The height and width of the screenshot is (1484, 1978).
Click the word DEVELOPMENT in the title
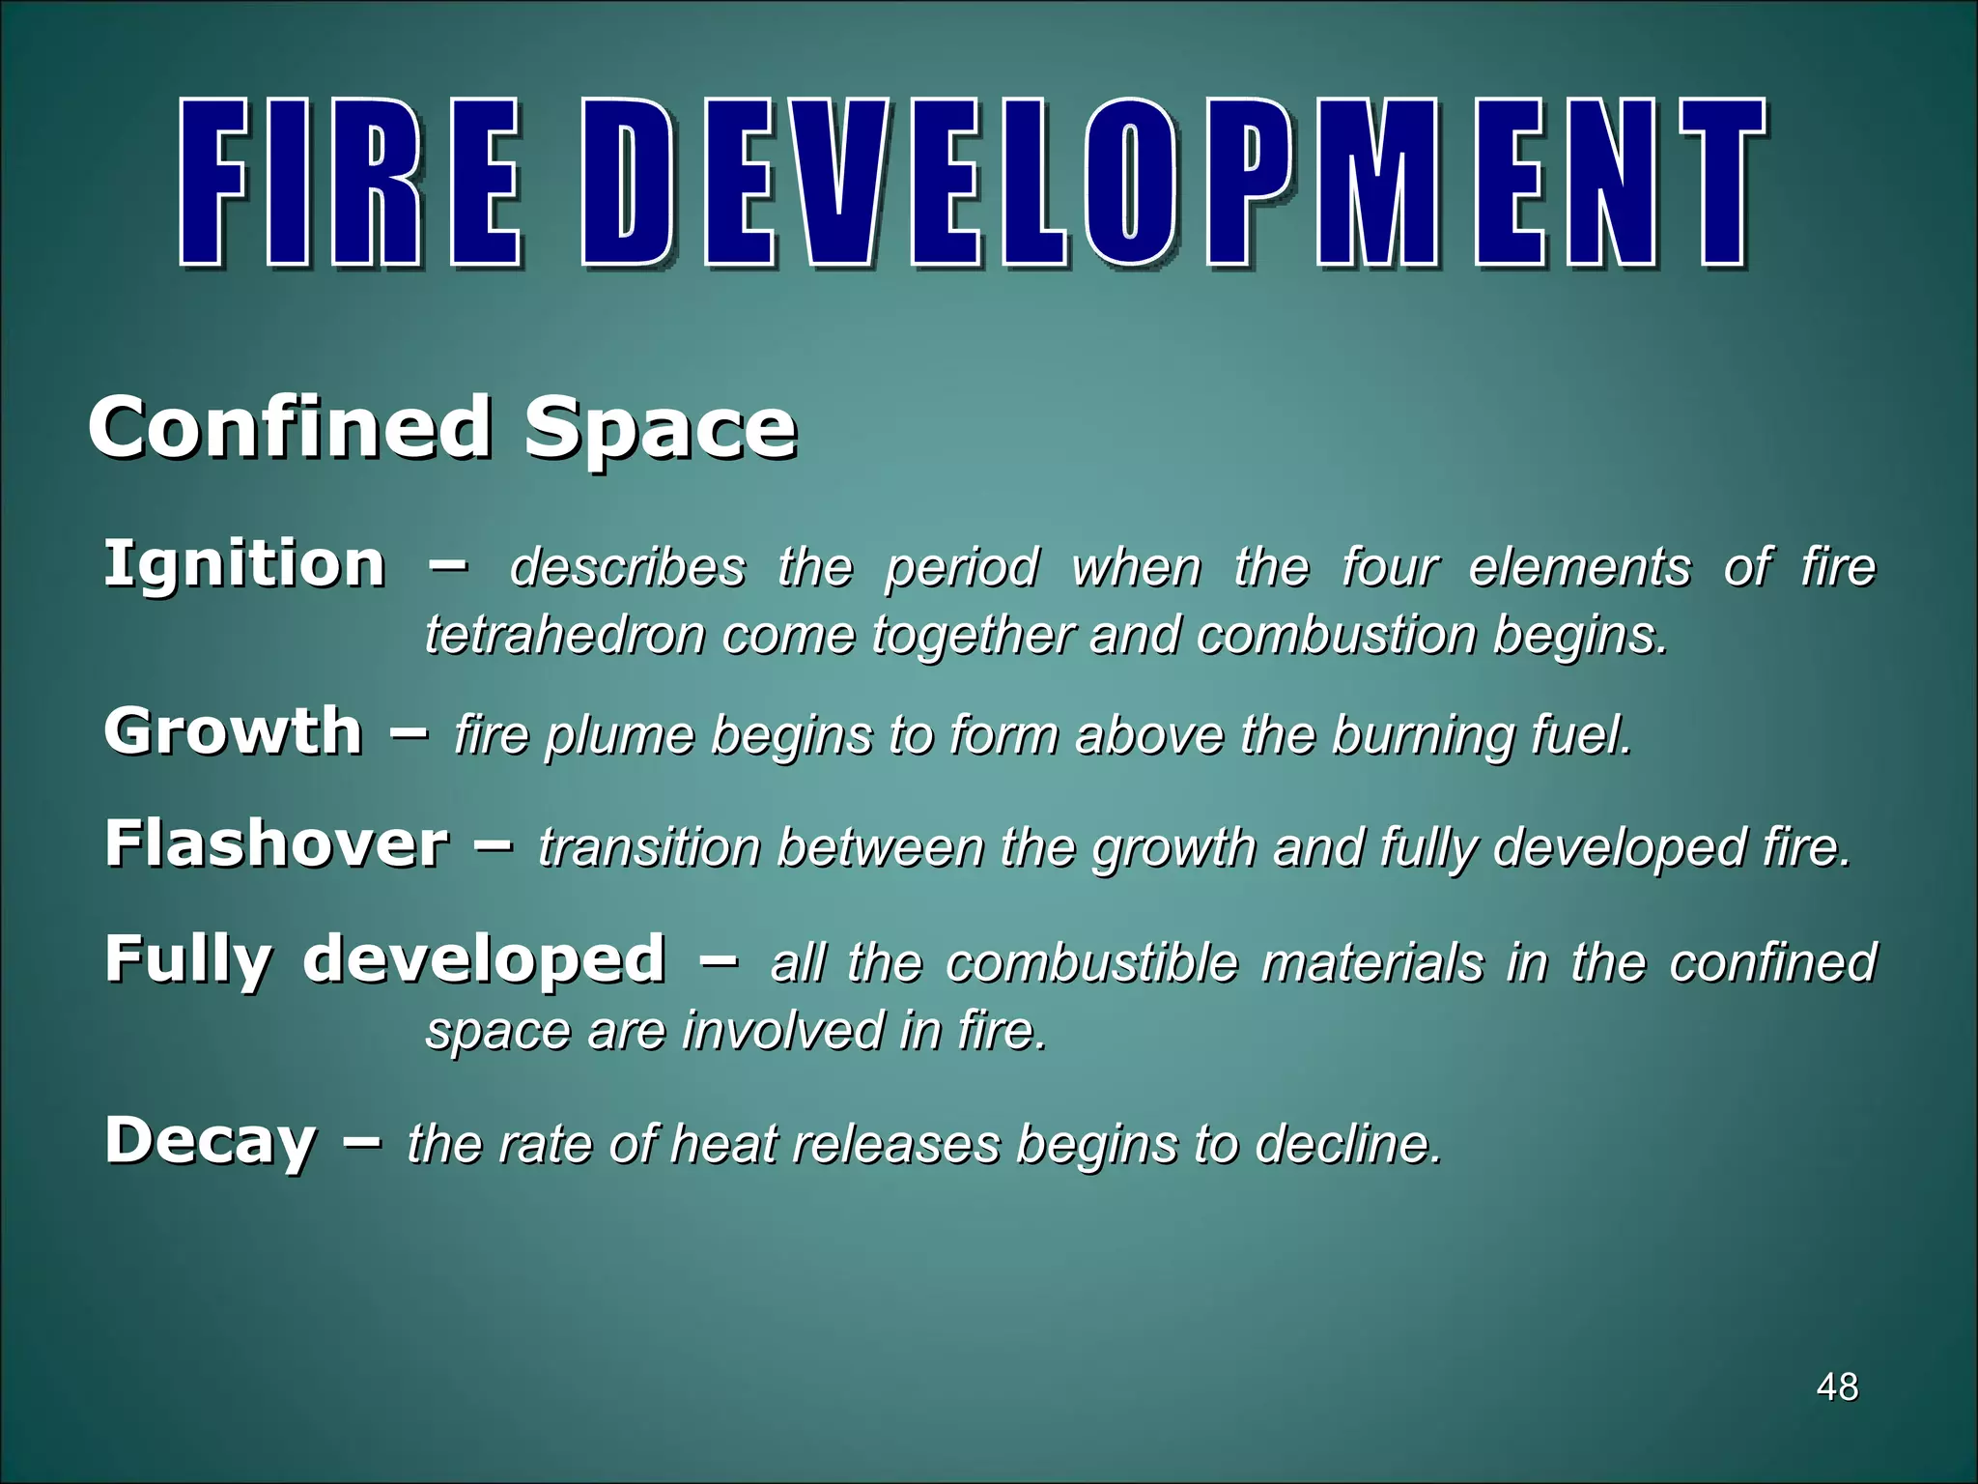coord(1173,184)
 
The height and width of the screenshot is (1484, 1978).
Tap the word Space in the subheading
coord(661,431)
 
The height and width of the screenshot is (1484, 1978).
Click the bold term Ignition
coord(244,564)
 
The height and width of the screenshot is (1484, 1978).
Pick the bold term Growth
coord(233,731)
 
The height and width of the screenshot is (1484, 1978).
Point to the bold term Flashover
coord(277,843)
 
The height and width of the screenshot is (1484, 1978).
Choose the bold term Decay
coord(211,1142)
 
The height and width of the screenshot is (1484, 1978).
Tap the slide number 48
coord(1837,1387)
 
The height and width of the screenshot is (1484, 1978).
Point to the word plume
coord(619,736)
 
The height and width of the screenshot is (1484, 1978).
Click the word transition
coord(650,847)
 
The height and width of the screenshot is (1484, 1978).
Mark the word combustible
coord(1091,963)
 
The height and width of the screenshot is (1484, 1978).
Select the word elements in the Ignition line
coord(1580,567)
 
